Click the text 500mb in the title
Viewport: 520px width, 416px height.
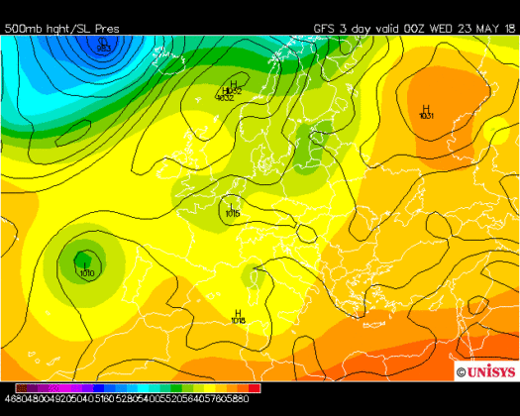coord(22,29)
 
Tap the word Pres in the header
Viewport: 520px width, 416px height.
coord(105,29)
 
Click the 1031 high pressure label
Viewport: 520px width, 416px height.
coord(426,117)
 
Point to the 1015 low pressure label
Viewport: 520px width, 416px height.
coord(232,213)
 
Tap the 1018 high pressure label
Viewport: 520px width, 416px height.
coord(238,321)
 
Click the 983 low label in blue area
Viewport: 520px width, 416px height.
coord(104,47)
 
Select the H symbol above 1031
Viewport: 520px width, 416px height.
coord(426,108)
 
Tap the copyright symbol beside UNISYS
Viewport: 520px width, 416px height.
coord(462,371)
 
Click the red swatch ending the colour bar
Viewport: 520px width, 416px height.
coord(255,388)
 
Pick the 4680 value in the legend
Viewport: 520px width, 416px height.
coord(11,399)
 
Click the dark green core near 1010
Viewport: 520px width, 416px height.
coord(79,260)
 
